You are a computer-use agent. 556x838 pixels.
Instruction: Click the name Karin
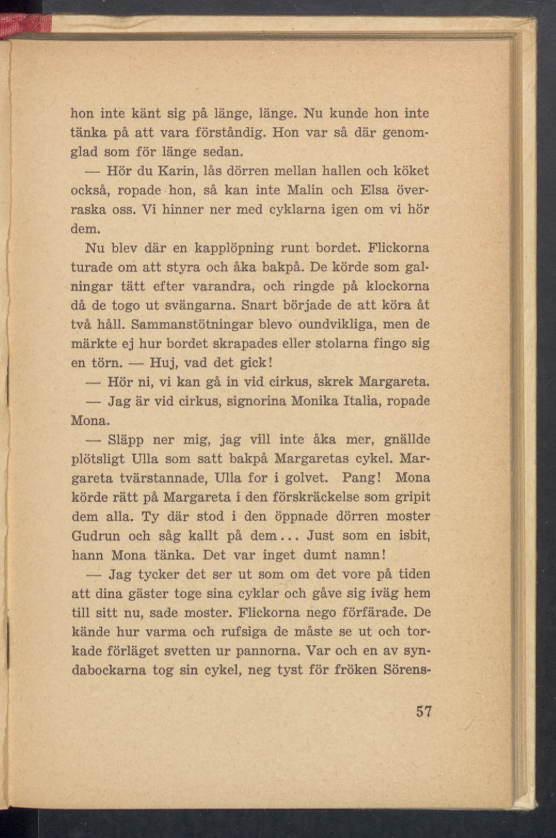tap(177, 171)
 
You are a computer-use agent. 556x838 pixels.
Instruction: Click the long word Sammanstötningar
tap(192, 325)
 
